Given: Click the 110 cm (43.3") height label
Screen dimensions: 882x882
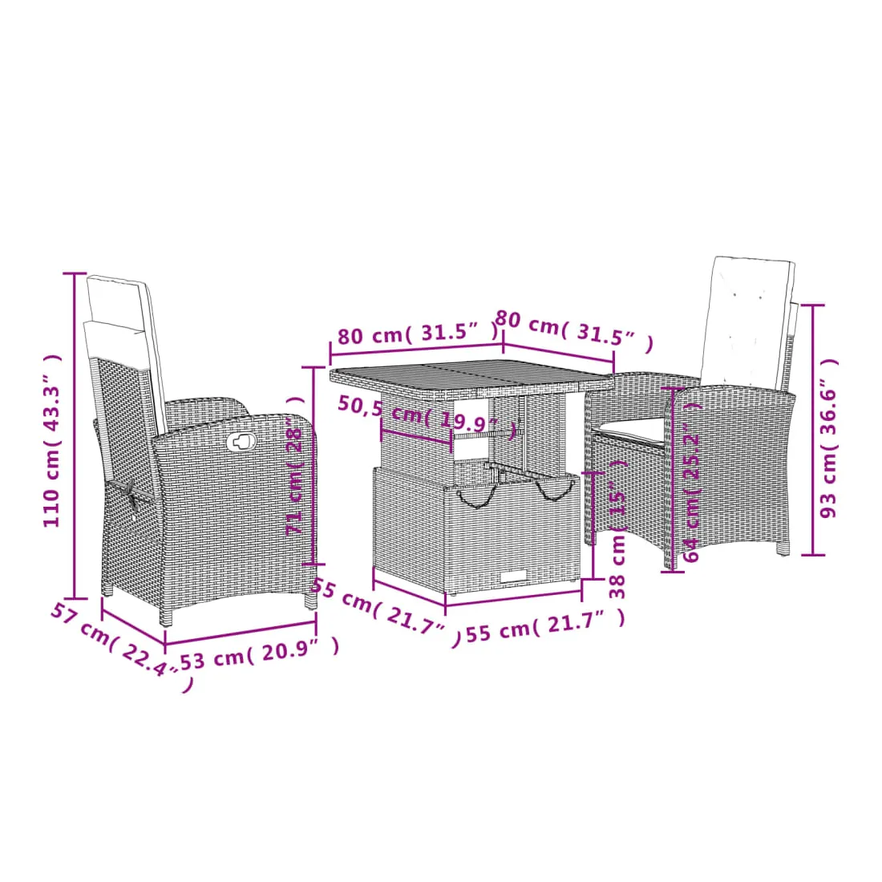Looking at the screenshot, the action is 52,440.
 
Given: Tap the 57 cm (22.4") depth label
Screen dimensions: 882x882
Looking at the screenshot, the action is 121,647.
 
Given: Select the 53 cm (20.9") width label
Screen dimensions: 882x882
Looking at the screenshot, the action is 259,653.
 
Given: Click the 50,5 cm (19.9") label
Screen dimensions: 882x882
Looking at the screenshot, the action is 427,416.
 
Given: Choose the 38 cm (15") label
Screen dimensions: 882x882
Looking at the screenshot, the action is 617,528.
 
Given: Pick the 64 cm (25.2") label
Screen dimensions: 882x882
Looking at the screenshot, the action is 692,482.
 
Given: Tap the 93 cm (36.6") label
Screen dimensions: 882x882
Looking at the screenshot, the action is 828,438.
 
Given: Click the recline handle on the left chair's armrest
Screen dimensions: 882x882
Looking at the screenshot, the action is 242,442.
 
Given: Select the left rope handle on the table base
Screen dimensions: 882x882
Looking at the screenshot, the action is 476,496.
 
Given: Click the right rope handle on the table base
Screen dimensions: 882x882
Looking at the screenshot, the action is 555,490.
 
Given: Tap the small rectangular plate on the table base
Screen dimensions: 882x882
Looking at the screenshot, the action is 513,576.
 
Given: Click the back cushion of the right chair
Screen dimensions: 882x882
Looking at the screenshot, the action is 746,320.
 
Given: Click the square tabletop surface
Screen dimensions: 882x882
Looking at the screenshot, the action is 471,375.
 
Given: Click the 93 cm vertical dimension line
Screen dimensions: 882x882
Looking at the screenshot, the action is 813,430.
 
